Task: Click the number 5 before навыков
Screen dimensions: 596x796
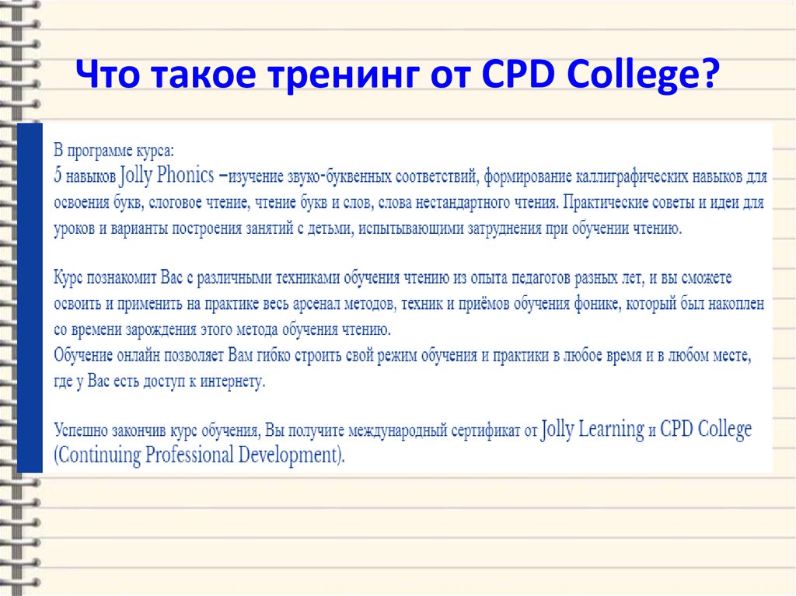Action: tap(58, 176)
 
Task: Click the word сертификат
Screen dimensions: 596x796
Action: tap(470, 430)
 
